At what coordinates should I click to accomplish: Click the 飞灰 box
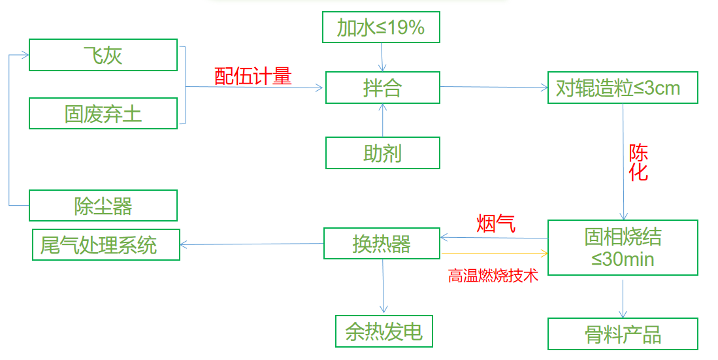click(x=103, y=55)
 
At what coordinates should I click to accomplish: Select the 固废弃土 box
click(x=103, y=114)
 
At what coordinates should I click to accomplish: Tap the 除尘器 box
click(x=103, y=206)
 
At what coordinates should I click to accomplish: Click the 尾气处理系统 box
click(x=106, y=245)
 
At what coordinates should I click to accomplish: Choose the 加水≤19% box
click(x=382, y=28)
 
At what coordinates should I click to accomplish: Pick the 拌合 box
click(x=383, y=88)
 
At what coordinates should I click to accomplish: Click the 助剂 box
click(x=383, y=154)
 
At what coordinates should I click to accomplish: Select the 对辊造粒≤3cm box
click(x=622, y=88)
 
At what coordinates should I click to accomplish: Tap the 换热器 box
click(x=382, y=243)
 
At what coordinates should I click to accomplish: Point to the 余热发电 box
click(x=384, y=332)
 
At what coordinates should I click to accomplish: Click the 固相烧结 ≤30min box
click(x=623, y=248)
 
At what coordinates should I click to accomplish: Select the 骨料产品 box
click(x=623, y=335)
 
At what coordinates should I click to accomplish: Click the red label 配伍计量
click(x=253, y=76)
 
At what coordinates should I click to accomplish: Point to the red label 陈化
click(x=638, y=163)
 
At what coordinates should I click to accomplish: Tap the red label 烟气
click(x=496, y=223)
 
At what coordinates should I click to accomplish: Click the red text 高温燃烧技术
click(x=493, y=276)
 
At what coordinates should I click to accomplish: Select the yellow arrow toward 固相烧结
click(x=494, y=252)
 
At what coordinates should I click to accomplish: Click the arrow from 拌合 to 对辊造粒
click(x=494, y=87)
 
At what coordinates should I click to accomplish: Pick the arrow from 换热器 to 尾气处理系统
click(x=252, y=244)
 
